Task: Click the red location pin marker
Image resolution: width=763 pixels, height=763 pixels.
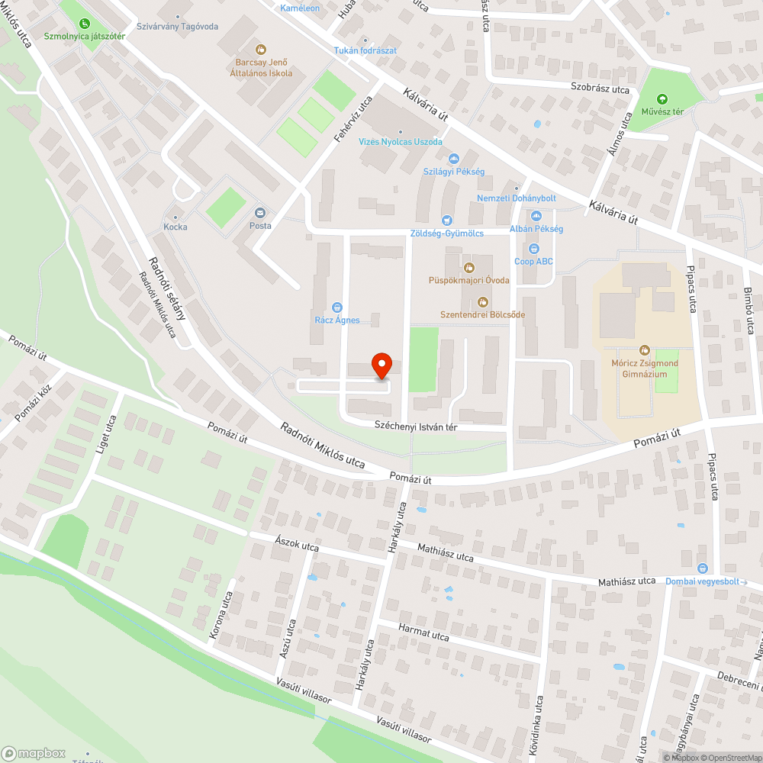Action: [381, 365]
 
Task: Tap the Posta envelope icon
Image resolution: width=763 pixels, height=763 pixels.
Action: [260, 213]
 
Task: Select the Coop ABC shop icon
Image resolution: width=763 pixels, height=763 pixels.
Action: [533, 248]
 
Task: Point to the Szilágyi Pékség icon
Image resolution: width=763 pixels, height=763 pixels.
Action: [454, 158]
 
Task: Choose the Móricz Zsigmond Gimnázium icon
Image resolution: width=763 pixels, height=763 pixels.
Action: [645, 349]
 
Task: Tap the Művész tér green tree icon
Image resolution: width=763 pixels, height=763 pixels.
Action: [661, 99]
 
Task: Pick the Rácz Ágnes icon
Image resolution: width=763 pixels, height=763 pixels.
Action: [337, 307]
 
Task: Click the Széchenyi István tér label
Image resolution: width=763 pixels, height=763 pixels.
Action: [415, 427]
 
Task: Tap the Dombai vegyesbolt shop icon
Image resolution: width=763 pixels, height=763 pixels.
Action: [703, 568]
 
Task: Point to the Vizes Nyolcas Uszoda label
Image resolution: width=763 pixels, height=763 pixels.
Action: [401, 142]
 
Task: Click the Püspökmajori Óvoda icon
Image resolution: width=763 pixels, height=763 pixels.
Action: [468, 266]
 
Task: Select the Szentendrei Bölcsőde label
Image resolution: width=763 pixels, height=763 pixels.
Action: [481, 314]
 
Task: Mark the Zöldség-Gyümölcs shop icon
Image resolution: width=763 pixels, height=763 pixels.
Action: [447, 221]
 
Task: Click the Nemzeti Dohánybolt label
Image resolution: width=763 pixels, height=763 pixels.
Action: [517, 198]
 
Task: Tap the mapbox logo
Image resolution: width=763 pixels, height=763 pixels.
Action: [34, 753]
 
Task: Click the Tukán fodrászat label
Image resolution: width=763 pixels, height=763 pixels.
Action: [365, 50]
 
